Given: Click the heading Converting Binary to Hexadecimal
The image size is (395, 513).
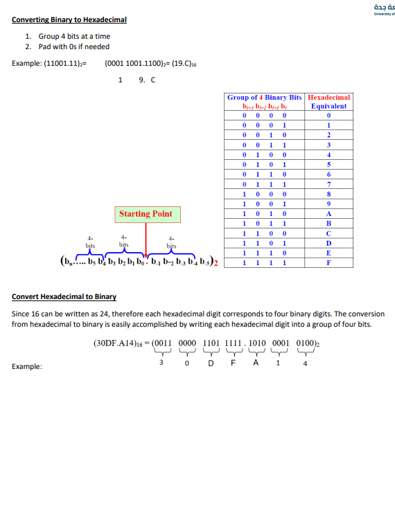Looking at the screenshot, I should (69, 19).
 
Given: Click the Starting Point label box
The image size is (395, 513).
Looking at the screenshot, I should (146, 214).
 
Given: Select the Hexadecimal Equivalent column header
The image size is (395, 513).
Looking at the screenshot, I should (328, 102).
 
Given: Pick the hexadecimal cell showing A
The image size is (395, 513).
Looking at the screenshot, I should (328, 215).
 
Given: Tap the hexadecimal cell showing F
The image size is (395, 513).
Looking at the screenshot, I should (328, 263).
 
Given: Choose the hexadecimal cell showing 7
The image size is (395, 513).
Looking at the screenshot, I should (328, 185).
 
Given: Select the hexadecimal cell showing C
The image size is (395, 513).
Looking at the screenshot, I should (328, 234).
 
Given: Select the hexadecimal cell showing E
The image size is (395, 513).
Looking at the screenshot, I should (328, 253).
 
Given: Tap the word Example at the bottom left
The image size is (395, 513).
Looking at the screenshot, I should (27, 367).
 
